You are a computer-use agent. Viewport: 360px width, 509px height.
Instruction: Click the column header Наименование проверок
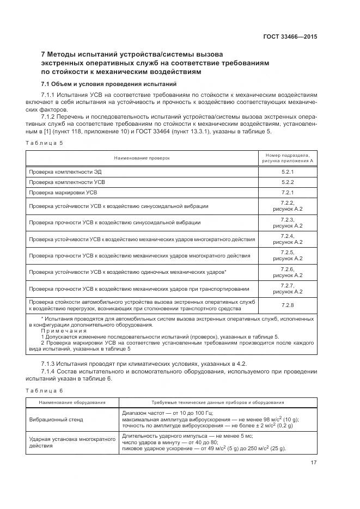[142, 158]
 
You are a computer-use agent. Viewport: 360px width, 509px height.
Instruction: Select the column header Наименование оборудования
[72, 403]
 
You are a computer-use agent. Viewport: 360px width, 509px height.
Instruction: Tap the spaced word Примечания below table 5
[64, 330]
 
